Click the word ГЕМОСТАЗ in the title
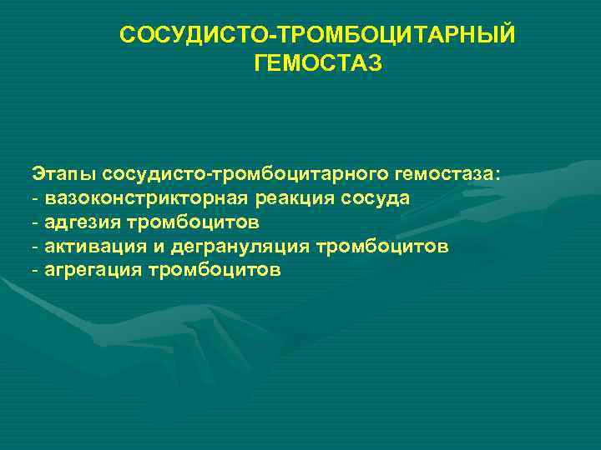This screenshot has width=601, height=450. pyautogui.click(x=316, y=63)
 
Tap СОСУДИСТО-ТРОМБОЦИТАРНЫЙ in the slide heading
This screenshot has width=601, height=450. pyautogui.click(x=317, y=36)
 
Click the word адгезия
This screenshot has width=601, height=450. pyautogui.click(x=81, y=222)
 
